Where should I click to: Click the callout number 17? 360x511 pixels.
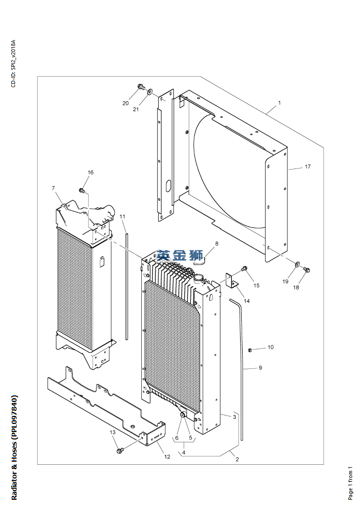coord(307,167)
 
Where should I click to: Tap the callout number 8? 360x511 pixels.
coord(217,244)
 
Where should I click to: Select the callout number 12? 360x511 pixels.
coord(167,456)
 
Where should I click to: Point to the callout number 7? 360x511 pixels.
coord(53,188)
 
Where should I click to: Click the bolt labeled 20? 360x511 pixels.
coord(141,87)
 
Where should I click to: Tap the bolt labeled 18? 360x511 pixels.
coord(306,269)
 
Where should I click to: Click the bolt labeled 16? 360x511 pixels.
coord(82,190)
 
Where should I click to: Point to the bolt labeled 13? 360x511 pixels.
coord(119,451)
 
